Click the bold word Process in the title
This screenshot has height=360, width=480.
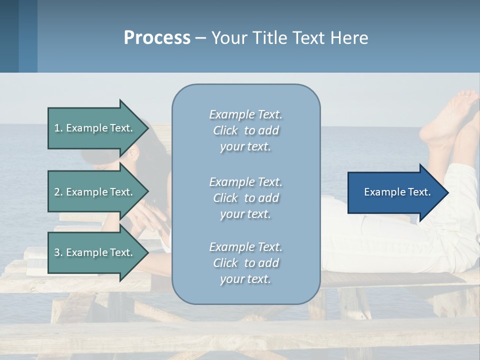click(157, 38)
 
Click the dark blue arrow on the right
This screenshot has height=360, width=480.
click(395, 192)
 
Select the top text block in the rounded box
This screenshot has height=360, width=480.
click(245, 130)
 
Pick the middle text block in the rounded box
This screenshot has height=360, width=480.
click(245, 198)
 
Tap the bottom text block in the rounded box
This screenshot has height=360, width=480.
click(245, 263)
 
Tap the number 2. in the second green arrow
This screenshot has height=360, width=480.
click(58, 192)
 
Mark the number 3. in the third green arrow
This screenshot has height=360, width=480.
click(58, 252)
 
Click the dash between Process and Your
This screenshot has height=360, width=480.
click(200, 38)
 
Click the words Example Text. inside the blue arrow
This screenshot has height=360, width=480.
click(397, 192)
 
